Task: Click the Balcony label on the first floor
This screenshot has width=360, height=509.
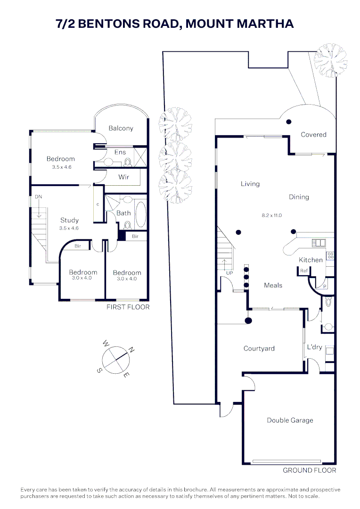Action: click(x=121, y=128)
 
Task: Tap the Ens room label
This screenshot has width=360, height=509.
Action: click(x=120, y=152)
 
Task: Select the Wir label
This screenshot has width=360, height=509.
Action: click(x=123, y=177)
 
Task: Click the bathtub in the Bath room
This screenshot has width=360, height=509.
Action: click(x=140, y=214)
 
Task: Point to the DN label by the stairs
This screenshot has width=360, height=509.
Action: click(x=38, y=197)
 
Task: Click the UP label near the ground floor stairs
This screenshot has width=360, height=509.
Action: click(x=229, y=273)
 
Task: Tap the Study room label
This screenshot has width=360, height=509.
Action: click(x=69, y=221)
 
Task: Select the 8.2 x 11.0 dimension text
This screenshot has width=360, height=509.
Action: click(x=272, y=215)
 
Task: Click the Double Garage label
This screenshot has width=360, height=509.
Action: click(x=290, y=420)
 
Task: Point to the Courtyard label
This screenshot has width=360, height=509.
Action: click(x=259, y=349)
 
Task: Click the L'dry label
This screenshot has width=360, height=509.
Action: click(x=314, y=347)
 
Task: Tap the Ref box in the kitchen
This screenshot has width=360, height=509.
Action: click(x=304, y=271)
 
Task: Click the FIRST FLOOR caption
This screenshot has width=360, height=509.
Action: click(x=128, y=307)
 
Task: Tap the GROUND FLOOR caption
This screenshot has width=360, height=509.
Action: click(x=310, y=470)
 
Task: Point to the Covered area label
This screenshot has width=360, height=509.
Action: click(x=313, y=135)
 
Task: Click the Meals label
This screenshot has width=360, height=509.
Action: click(x=273, y=285)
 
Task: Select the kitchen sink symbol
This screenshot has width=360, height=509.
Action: click(x=319, y=243)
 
